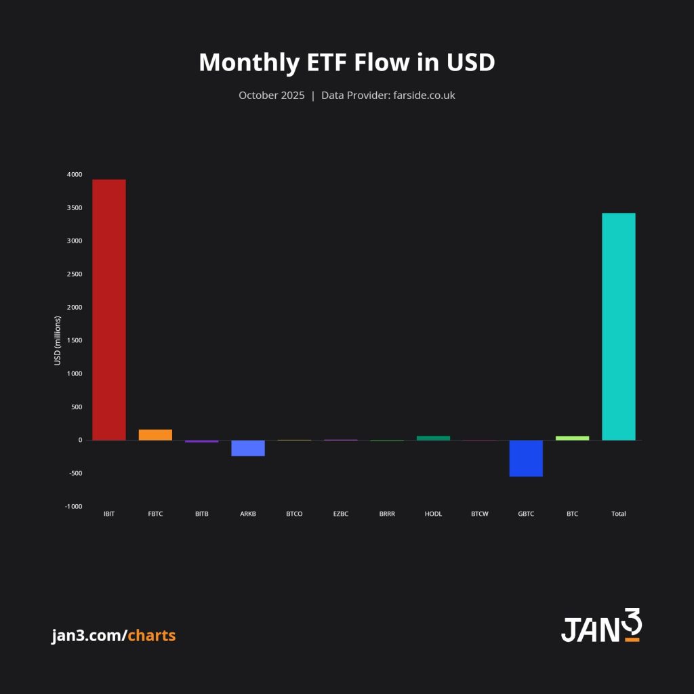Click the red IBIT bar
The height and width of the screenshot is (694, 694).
tap(109, 310)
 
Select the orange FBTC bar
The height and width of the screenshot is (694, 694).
tap(155, 435)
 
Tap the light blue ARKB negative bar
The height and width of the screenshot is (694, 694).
tap(248, 448)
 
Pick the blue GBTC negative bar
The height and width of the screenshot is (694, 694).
tap(526, 458)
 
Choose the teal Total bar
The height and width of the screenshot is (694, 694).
tap(618, 327)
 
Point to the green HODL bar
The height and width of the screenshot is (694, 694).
tap(433, 438)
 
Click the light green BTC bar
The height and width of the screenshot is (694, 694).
tap(572, 438)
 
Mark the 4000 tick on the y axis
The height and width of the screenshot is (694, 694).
tap(75, 175)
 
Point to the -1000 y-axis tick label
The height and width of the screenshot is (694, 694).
tap(74, 506)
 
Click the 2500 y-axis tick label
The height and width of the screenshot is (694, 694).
tap(75, 274)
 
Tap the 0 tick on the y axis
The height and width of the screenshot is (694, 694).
tap(80, 441)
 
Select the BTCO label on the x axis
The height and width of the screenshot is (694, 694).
tap(294, 514)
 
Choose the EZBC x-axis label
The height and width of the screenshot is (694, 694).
tap(340, 514)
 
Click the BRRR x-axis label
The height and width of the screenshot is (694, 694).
tap(387, 514)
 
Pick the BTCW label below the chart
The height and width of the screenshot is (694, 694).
tap(479, 514)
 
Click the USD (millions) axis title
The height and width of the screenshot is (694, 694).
tap(58, 340)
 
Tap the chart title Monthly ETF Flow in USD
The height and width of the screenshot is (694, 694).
tap(347, 62)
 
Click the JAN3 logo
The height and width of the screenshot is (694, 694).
tap(600, 626)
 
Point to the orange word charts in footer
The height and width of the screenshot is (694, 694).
tap(151, 636)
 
